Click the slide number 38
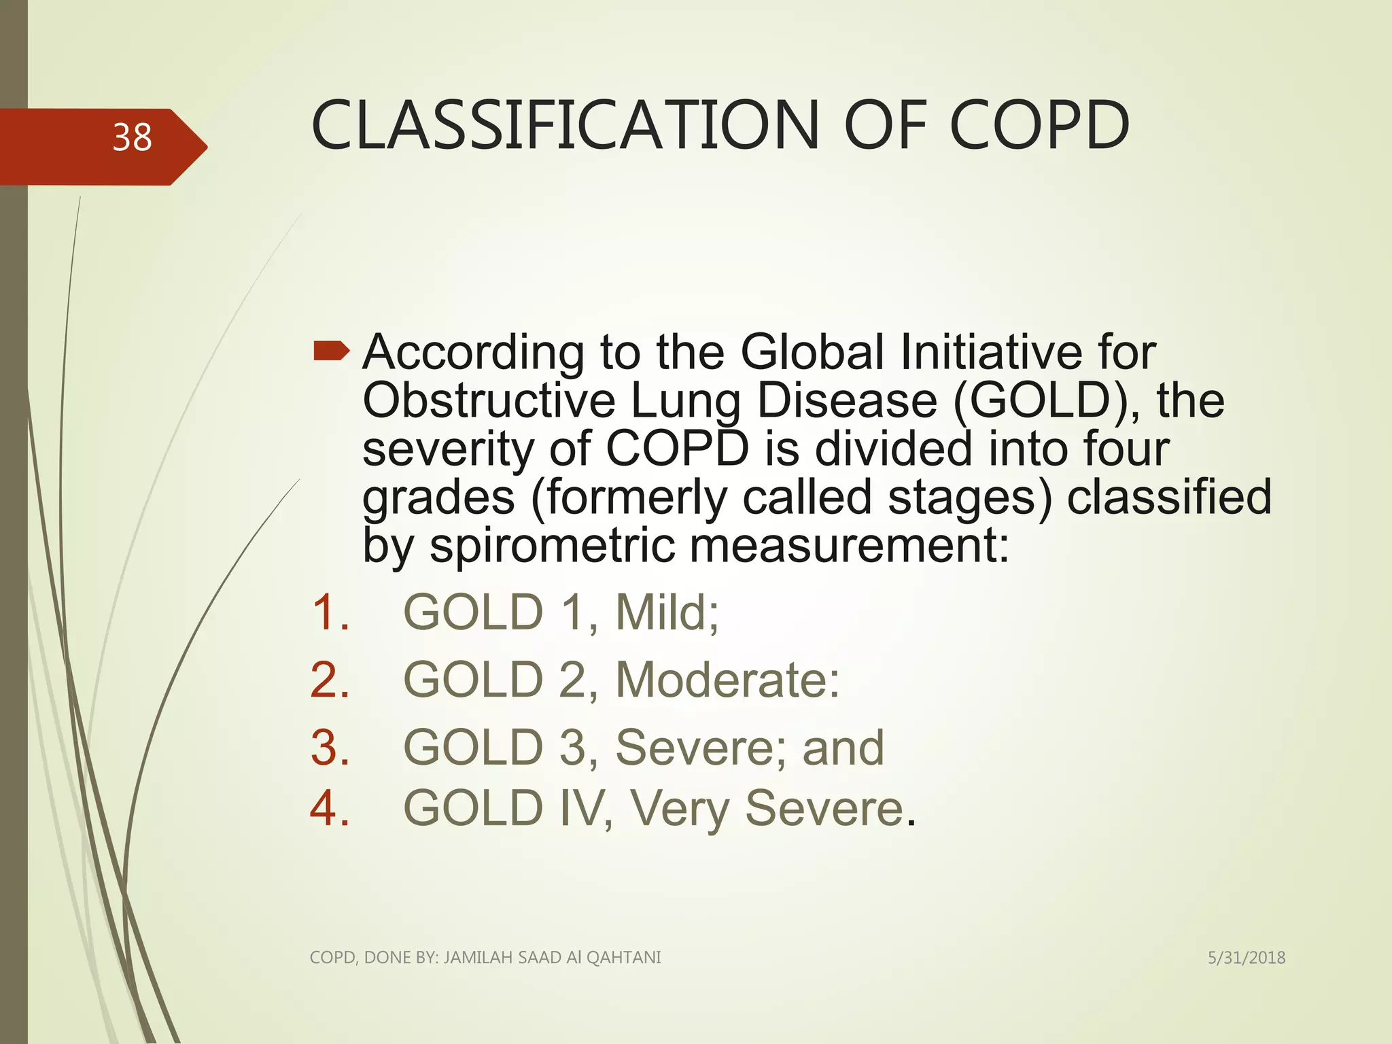click(x=132, y=138)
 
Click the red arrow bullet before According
click(x=331, y=351)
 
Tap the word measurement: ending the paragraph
click(x=850, y=546)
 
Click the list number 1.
click(x=330, y=612)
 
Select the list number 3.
click(x=330, y=748)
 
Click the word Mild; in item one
click(x=667, y=612)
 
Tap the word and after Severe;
click(x=843, y=748)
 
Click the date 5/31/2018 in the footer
click(x=1246, y=958)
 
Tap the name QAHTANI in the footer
click(x=623, y=958)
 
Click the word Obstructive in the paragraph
click(x=489, y=400)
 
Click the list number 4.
click(x=330, y=809)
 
